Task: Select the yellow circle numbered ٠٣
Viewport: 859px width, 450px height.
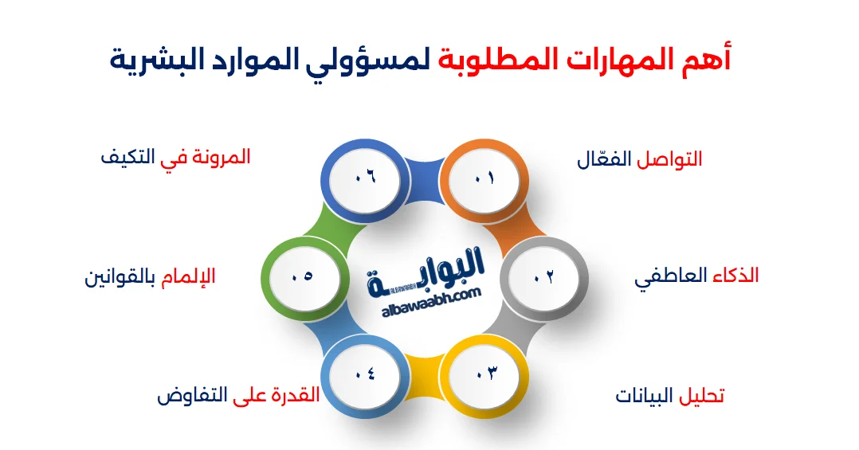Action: click(486, 372)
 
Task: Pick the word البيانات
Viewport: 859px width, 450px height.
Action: click(645, 396)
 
